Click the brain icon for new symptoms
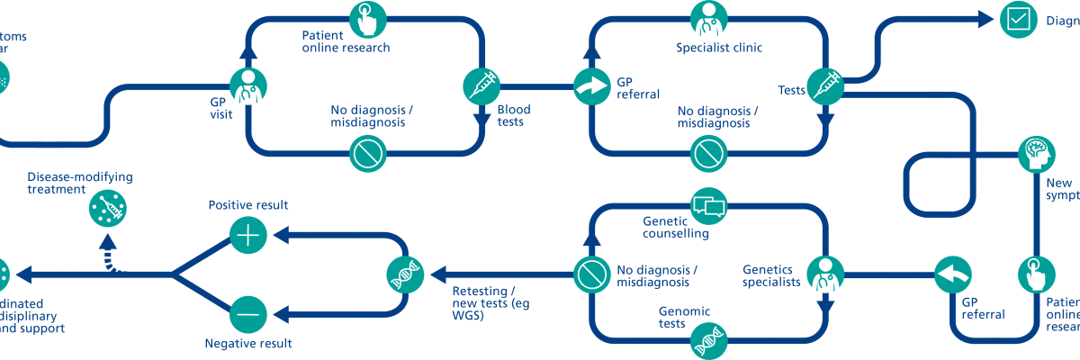(1037, 155)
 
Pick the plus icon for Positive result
(247, 236)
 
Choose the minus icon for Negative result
(247, 314)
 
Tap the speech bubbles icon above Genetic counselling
(707, 205)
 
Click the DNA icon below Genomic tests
(707, 343)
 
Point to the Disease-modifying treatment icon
(109, 210)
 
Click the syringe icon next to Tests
(823, 86)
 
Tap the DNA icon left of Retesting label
(404, 274)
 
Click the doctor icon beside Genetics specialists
(823, 274)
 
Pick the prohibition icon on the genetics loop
(590, 274)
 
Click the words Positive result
(247, 205)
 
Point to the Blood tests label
(514, 116)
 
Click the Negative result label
(248, 344)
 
